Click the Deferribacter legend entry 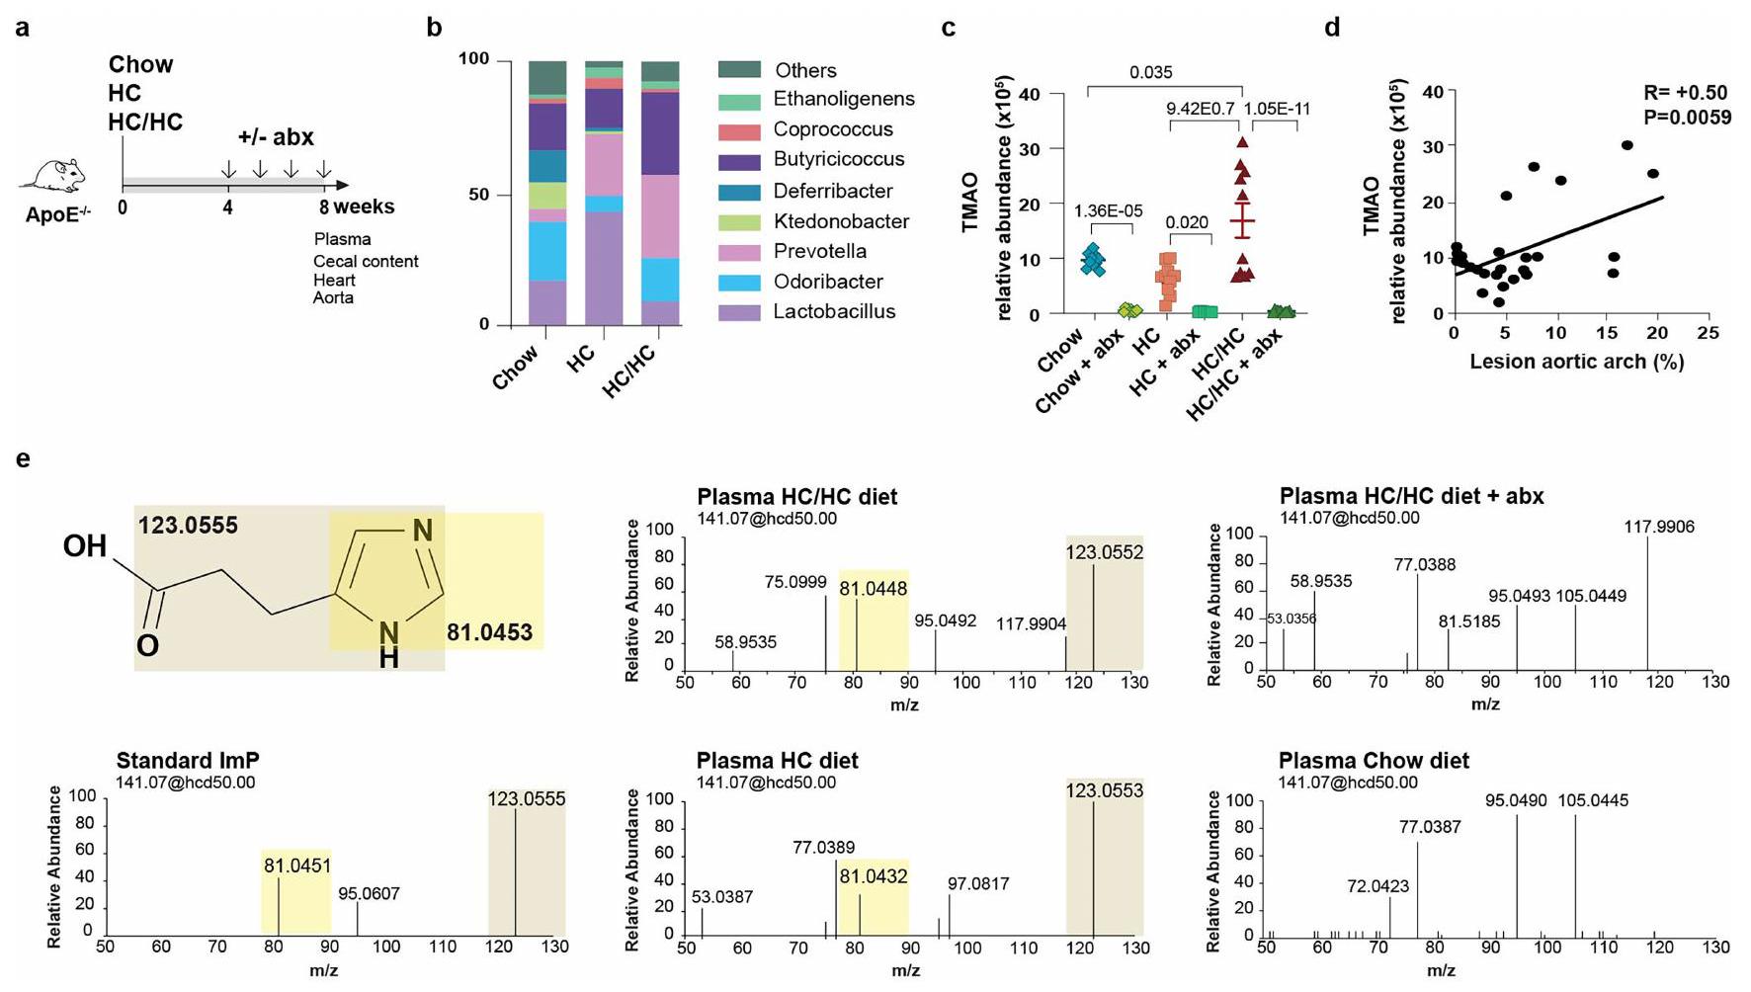[x=832, y=192]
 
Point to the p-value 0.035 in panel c [x=1151, y=72]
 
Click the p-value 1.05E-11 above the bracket [x=1277, y=109]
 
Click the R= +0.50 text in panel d [x=1686, y=93]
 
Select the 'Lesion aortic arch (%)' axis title [x=1577, y=362]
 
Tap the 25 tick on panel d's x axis [x=1708, y=333]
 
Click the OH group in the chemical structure [x=85, y=545]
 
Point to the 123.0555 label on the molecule [x=188, y=526]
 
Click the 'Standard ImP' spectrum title [x=188, y=761]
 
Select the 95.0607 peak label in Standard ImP [x=369, y=894]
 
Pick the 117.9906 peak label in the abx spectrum [x=1659, y=528]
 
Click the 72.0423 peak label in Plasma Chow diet [x=1377, y=886]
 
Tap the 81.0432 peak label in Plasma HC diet [x=874, y=876]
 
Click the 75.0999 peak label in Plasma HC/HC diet [x=795, y=583]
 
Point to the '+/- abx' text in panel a [x=276, y=137]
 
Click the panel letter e [x=23, y=458]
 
